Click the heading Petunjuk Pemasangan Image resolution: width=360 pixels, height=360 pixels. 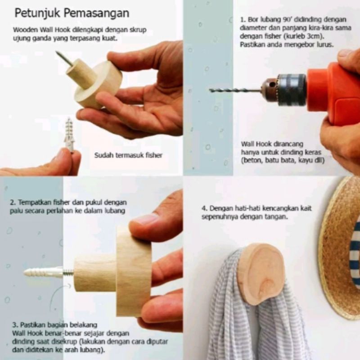[x=72, y=13]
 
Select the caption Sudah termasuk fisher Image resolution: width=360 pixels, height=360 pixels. [x=128, y=155]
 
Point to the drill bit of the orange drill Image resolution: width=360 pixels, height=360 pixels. [x=235, y=90]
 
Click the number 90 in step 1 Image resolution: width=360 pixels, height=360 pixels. [x=286, y=19]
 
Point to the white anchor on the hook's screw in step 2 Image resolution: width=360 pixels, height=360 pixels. [x=43, y=273]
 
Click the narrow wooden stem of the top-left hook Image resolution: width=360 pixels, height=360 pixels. [x=81, y=72]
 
